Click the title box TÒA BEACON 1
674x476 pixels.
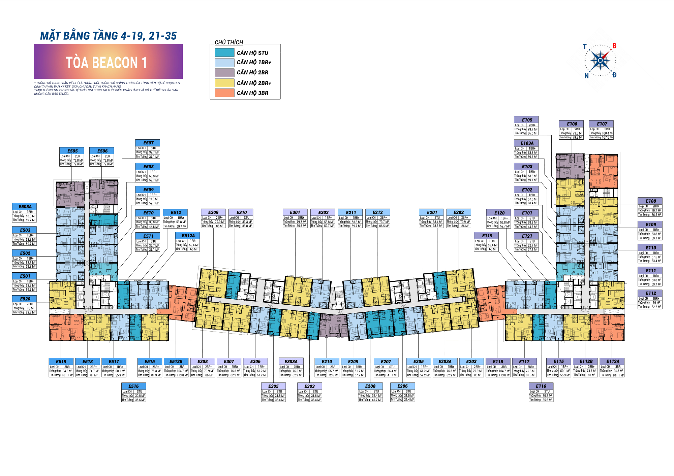point(108,62)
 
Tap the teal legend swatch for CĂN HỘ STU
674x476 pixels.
point(224,53)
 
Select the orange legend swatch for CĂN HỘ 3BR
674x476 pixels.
point(224,93)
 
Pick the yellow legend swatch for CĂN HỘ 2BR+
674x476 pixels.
point(224,83)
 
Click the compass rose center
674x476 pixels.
point(600,61)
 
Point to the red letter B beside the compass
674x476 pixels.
point(614,46)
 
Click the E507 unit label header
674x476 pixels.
point(148,143)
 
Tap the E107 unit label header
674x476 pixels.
point(601,124)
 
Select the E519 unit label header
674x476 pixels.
point(61,362)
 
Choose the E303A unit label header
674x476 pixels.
point(291,362)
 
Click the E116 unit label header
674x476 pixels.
point(541,386)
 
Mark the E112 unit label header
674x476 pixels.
point(650,293)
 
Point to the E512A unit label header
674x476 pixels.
point(188,236)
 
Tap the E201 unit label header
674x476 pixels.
point(431,212)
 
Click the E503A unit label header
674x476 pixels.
point(25,207)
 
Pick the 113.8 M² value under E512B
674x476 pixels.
point(182,375)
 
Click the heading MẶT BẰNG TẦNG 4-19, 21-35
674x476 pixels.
point(108,36)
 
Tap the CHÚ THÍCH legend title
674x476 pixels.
point(229,42)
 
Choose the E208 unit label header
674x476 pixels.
point(370,386)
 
